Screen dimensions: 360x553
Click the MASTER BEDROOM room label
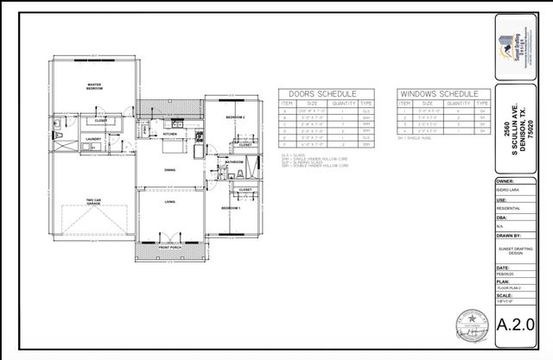point(94,86)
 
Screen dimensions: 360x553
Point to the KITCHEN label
point(169,135)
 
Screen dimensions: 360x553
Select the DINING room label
point(170,170)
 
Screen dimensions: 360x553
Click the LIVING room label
point(170,202)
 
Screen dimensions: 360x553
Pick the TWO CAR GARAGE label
point(94,203)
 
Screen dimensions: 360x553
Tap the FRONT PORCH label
point(170,247)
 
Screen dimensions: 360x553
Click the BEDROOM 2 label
point(236,117)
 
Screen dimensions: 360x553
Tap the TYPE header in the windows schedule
point(470,102)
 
